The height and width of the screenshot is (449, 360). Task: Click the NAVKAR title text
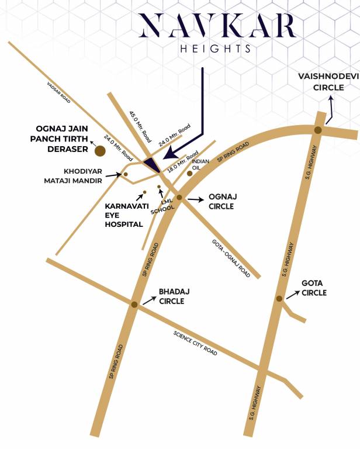coord(217,27)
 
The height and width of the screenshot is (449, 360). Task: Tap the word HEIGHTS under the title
coord(216,49)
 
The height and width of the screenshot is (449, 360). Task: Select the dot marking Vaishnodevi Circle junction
coord(317,130)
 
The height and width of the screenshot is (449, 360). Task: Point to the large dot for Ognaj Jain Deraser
coord(100,151)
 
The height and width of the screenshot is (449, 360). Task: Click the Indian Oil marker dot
coord(189,173)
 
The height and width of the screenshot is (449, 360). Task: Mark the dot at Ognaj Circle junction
coord(179,198)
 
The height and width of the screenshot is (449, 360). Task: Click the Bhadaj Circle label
coord(171,296)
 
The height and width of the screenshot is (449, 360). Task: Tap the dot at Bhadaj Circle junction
coord(134,305)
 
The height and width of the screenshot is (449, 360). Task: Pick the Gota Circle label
coord(314,288)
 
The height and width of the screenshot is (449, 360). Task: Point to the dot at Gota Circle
coord(279,298)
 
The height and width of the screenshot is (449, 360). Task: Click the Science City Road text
coord(195,344)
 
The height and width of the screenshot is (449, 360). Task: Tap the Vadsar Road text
coord(59,92)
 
